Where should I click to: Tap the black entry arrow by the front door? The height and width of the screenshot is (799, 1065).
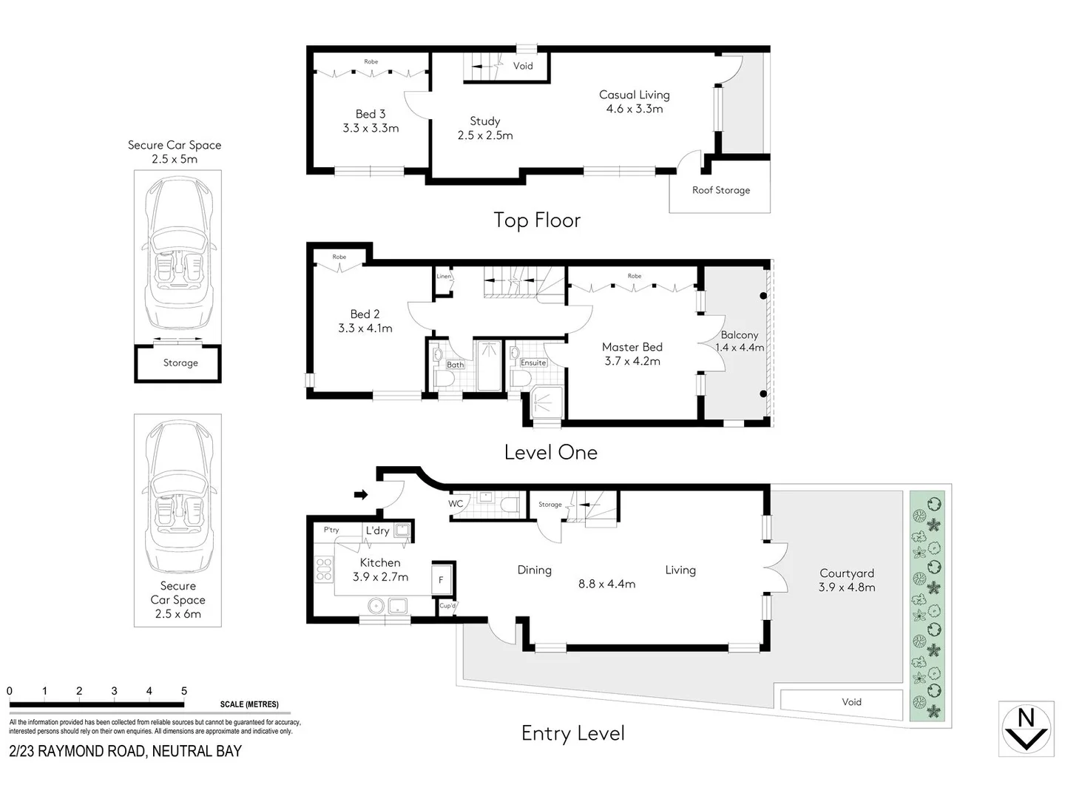click(x=361, y=494)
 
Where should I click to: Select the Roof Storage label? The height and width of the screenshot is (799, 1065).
click(x=720, y=190)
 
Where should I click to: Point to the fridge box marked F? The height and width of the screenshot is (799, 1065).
click(x=442, y=580)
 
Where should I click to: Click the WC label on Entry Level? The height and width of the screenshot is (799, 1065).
click(x=456, y=504)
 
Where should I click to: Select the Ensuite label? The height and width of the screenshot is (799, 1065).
click(x=532, y=363)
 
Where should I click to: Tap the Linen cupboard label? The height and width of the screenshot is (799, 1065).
click(x=444, y=277)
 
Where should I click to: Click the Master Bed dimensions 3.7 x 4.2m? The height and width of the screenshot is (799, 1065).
click(x=632, y=361)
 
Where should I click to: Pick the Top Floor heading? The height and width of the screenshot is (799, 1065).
click(x=537, y=220)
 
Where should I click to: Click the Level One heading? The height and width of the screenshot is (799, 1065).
click(x=550, y=453)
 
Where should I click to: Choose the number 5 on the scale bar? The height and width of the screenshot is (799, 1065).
click(x=184, y=691)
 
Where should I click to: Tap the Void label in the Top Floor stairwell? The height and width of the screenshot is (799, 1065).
click(x=523, y=66)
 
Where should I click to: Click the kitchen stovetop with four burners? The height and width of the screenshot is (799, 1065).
click(x=324, y=568)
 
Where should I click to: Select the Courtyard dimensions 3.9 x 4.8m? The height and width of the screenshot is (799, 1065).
click(x=846, y=587)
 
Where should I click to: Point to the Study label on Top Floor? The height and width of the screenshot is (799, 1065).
click(x=485, y=121)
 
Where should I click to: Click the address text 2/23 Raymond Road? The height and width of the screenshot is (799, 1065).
click(x=125, y=751)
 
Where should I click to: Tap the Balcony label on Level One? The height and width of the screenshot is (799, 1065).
click(x=739, y=335)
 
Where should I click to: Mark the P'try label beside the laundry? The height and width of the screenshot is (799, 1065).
click(x=331, y=530)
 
